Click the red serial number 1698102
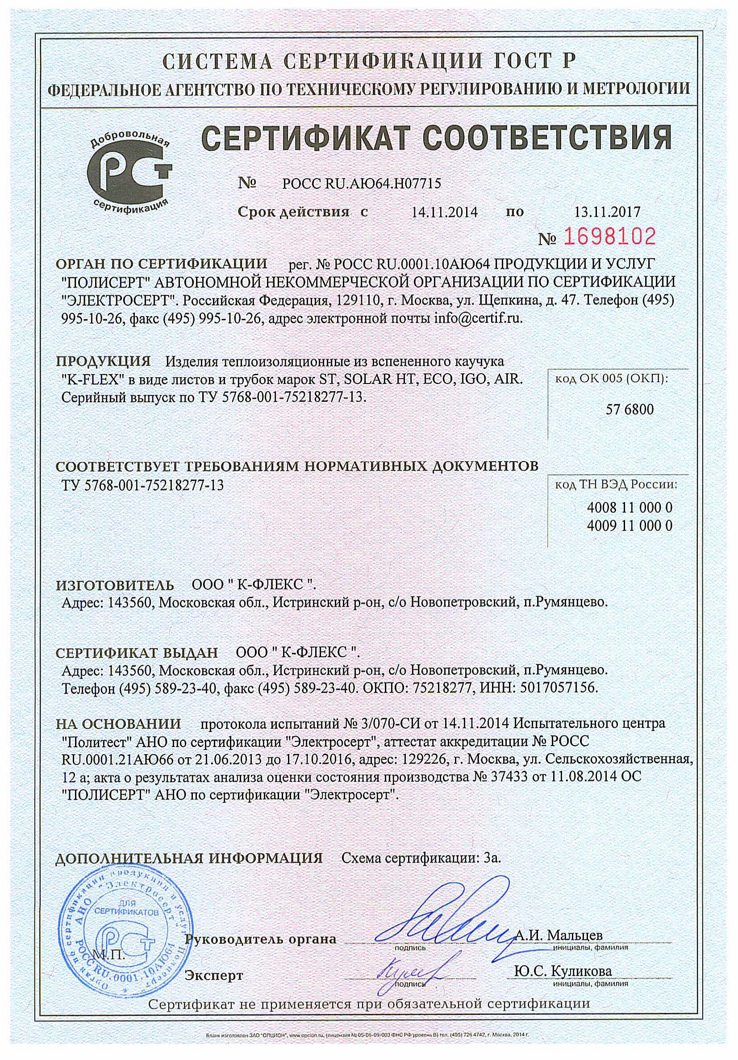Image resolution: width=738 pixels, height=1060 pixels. click(x=609, y=237)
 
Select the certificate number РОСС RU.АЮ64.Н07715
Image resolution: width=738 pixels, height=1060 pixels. click(x=361, y=184)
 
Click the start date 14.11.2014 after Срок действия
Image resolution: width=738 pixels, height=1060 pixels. click(x=445, y=213)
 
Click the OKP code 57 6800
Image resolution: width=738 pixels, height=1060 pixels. click(x=630, y=409)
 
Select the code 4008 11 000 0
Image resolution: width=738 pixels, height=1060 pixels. click(x=630, y=508)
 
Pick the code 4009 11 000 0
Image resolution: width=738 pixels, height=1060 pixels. click(x=630, y=526)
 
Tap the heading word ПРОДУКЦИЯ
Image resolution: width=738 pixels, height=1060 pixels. click(x=104, y=361)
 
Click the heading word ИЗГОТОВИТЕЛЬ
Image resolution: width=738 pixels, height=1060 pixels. click(x=115, y=585)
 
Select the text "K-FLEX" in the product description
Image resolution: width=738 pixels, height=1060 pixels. click(x=95, y=380)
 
